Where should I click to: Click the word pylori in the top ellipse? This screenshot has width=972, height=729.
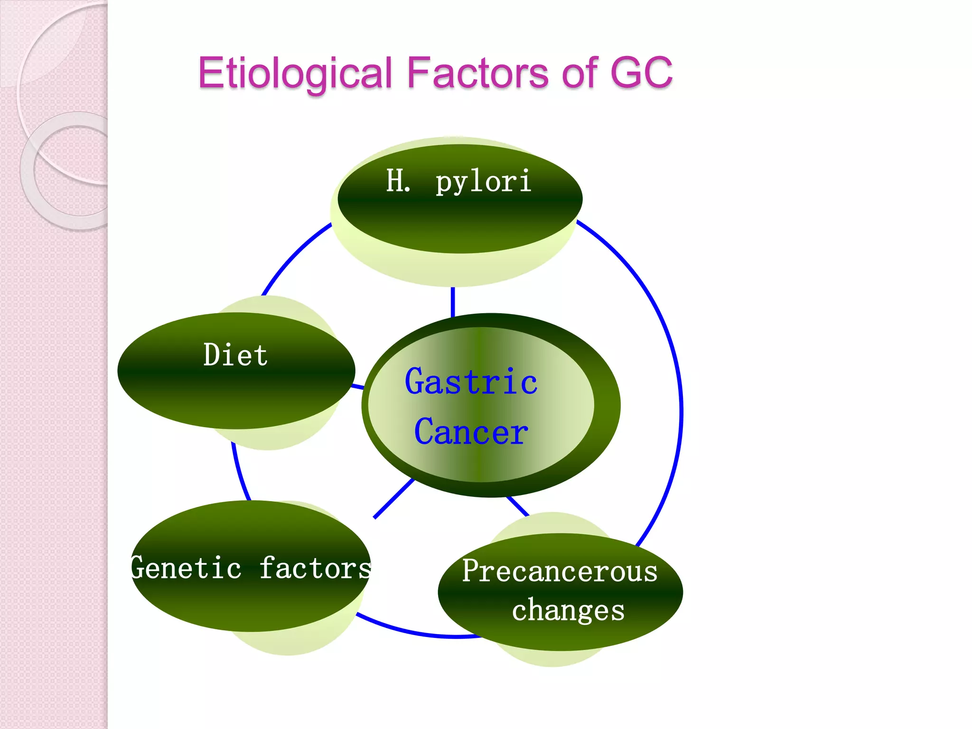[x=483, y=182]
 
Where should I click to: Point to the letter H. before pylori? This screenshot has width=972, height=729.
[x=398, y=181]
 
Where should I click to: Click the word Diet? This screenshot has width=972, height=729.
[x=235, y=355]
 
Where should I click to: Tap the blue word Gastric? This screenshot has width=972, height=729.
[x=471, y=382]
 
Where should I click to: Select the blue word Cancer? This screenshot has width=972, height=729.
[x=471, y=432]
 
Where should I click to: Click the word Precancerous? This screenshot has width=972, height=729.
[x=560, y=571]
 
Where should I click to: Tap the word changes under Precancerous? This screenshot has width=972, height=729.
[x=568, y=610]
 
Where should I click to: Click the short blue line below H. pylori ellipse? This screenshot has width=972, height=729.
[x=453, y=301]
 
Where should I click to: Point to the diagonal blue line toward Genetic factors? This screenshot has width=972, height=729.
[x=394, y=498]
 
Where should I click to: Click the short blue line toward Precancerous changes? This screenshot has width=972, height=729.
[x=517, y=506]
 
